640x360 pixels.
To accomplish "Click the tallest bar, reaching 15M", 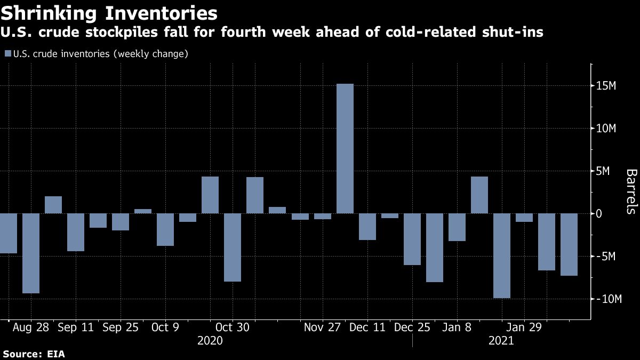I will click(345, 148).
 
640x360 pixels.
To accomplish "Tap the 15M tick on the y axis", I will click(607, 86).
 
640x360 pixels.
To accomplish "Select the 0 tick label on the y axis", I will click(599, 214).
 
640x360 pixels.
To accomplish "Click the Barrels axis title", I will click(631, 191).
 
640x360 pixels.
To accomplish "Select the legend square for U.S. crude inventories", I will click(7, 54).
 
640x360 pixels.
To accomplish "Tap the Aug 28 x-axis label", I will click(31, 327).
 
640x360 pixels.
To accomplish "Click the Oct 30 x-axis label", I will click(232, 327).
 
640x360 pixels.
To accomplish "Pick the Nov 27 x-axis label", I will click(322, 327).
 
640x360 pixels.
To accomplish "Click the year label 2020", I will click(210, 341).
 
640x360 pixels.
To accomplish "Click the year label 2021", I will click(501, 341).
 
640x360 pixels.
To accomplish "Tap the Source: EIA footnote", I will click(34, 354).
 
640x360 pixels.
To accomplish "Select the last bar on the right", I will click(569, 244).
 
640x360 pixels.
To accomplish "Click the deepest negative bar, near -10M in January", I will click(501, 255).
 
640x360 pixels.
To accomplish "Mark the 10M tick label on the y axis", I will click(607, 129).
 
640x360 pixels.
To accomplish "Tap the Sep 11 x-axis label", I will click(76, 327).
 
